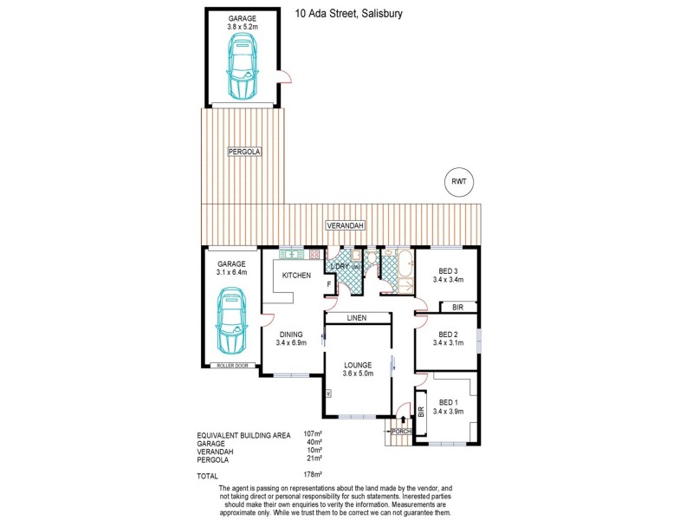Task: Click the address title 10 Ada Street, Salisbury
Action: click(x=349, y=13)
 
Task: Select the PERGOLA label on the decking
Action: click(x=243, y=152)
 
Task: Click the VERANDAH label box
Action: click(x=345, y=225)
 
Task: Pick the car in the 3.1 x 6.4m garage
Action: click(x=231, y=322)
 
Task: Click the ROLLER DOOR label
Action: click(x=231, y=366)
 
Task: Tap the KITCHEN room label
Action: click(x=295, y=276)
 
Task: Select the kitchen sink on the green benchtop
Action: click(x=291, y=254)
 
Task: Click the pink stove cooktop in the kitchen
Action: click(x=314, y=254)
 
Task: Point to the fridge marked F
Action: click(x=328, y=284)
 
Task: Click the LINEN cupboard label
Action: click(x=357, y=318)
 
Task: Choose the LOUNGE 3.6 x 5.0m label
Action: click(x=357, y=369)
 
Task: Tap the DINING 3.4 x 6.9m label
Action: click(x=293, y=338)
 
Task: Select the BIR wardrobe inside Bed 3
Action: click(x=459, y=307)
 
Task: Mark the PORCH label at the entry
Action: click(x=400, y=431)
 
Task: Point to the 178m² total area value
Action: click(x=313, y=474)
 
